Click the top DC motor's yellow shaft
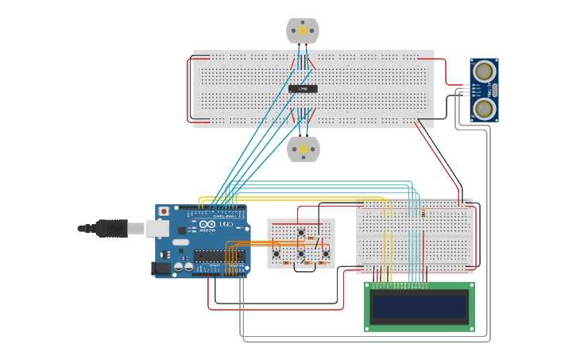click(x=303, y=30)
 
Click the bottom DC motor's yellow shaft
click(x=303, y=149)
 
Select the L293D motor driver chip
click(x=303, y=88)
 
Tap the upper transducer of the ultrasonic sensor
click(x=483, y=72)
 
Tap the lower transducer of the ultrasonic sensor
click(x=483, y=108)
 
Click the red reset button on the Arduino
click(x=164, y=212)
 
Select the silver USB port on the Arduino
click(x=157, y=229)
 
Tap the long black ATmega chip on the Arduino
click(x=218, y=255)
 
